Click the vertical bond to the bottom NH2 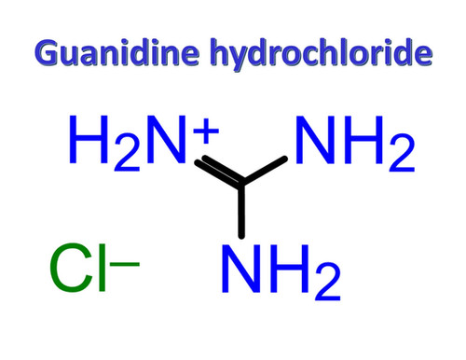(x=242, y=210)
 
